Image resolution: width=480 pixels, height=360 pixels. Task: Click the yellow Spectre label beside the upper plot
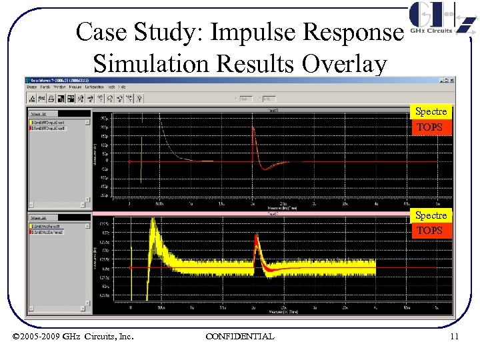click(431, 111)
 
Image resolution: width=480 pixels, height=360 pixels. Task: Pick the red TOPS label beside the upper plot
click(430, 127)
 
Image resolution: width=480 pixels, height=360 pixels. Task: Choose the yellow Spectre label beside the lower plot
click(431, 215)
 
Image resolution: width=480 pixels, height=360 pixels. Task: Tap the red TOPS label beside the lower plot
click(430, 231)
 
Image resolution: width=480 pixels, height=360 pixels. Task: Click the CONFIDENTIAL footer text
click(239, 337)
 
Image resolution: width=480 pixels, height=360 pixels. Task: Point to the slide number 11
click(454, 337)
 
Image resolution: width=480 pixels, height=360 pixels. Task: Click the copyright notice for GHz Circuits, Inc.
click(73, 337)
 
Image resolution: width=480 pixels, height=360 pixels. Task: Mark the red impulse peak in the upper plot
click(253, 129)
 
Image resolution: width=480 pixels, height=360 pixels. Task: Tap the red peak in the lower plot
click(257, 248)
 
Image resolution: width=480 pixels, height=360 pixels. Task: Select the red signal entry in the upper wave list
click(57, 127)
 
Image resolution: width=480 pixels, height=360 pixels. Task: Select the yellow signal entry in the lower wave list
click(57, 227)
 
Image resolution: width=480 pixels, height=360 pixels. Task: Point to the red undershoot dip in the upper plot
click(262, 169)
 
